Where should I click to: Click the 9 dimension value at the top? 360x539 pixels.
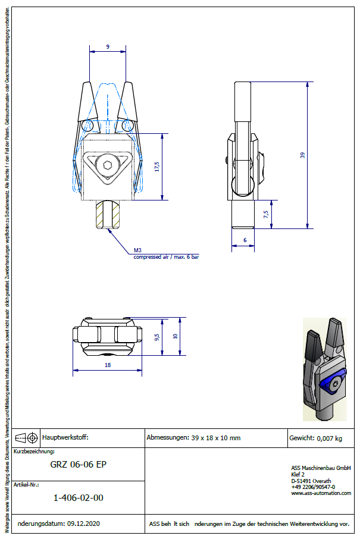click(108, 46)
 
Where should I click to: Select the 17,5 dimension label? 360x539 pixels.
click(155, 167)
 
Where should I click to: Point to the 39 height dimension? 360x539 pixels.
click(302, 155)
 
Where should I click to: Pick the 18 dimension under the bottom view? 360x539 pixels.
click(107, 365)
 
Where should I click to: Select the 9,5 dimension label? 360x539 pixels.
click(156, 336)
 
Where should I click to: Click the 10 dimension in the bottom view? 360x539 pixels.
click(175, 336)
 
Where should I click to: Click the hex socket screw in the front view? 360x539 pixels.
click(107, 166)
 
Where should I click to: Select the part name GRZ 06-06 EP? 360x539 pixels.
click(79, 465)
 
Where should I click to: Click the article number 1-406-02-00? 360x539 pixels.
click(79, 497)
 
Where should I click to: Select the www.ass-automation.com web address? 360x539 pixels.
click(321, 493)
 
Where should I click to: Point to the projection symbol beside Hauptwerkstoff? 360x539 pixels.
click(27, 438)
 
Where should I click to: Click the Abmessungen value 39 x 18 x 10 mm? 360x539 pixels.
click(215, 438)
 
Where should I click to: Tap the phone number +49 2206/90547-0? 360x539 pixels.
click(313, 487)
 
